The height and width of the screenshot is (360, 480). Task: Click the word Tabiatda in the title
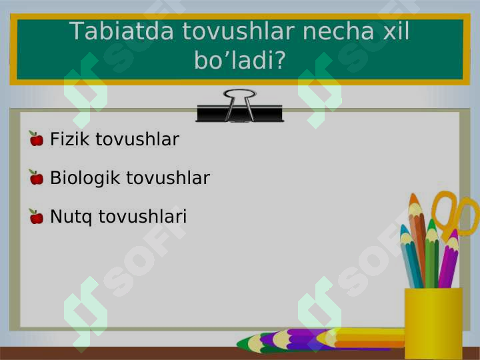pos(121,31)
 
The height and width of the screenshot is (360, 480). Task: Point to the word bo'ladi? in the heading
pos(240,59)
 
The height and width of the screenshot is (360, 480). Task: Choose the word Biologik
pos(85,178)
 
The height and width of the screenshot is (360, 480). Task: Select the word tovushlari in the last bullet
pos(143,217)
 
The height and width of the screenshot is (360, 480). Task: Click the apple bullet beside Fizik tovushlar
pos(37,139)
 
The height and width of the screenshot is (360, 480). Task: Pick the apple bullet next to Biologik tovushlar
pos(37,177)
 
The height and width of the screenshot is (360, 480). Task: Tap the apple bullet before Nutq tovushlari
pos(37,216)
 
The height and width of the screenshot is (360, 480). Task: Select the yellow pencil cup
pos(433,323)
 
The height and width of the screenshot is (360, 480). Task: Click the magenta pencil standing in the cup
pos(449,260)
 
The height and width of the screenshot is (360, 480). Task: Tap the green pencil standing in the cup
pos(431,254)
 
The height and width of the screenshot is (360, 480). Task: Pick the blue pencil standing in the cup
pos(411,257)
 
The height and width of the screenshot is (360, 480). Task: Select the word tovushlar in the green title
pos(238,31)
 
